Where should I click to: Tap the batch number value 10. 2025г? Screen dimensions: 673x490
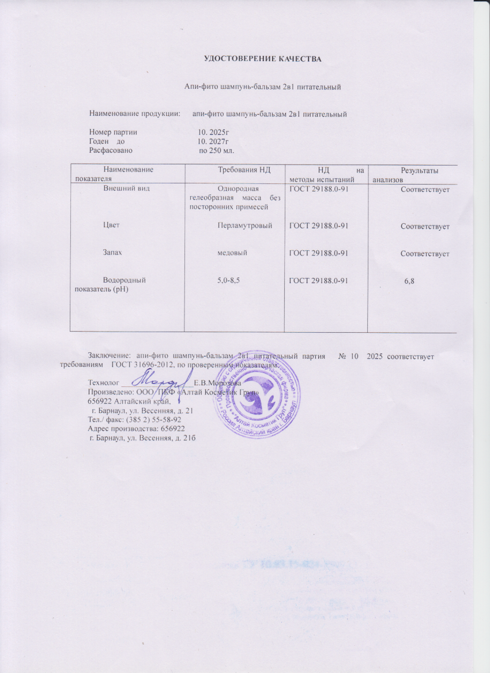point(213,132)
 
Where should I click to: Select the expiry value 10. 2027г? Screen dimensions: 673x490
point(213,141)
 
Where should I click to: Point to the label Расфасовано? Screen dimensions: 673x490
point(111,150)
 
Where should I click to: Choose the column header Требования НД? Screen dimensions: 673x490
point(244,170)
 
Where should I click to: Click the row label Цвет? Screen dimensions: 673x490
point(111,225)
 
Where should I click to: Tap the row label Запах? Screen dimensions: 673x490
point(112,253)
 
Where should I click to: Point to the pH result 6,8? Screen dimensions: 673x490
point(410,280)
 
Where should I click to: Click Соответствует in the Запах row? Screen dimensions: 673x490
point(425,254)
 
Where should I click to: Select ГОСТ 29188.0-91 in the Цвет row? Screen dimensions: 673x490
point(318,225)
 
